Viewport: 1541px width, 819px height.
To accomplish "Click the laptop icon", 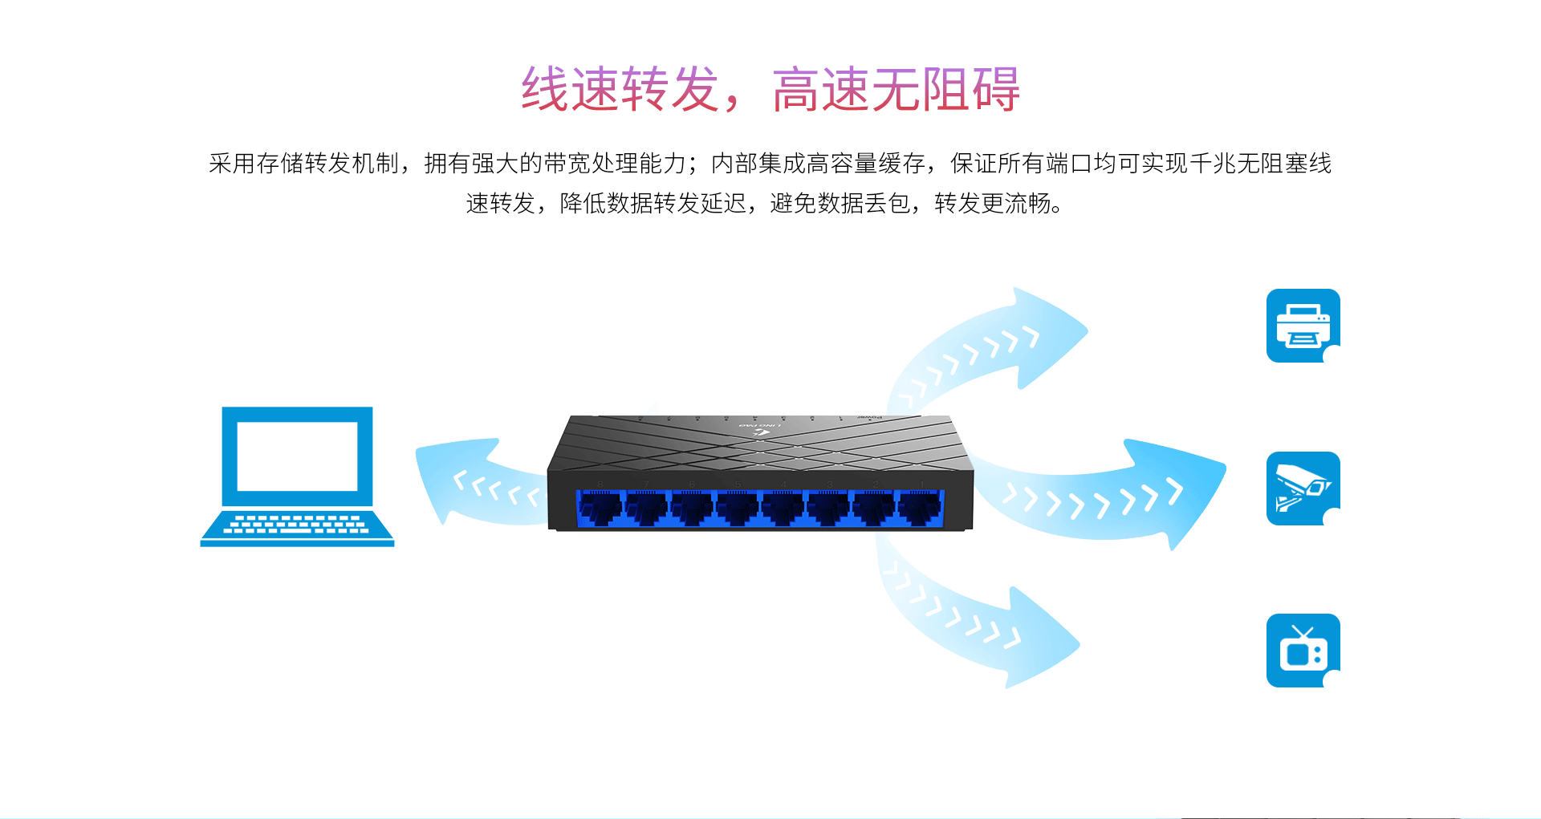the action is coord(297,476).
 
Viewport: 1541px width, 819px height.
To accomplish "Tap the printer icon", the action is coord(1303,326).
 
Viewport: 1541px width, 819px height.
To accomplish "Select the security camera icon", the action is coord(1303,489).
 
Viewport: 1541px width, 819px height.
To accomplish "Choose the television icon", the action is coord(1303,651).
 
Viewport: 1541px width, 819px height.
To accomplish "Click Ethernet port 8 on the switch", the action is coord(600,509).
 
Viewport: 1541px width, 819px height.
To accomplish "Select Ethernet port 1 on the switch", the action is coord(921,509).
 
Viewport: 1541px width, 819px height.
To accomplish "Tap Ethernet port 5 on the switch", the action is coord(738,509).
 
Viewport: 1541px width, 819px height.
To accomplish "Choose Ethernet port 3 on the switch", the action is coord(829,509).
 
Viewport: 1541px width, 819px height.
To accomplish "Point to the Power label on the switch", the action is coord(870,418).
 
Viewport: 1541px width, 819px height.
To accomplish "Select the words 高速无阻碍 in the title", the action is coord(897,88).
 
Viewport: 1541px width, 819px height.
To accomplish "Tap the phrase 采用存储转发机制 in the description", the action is coord(303,164).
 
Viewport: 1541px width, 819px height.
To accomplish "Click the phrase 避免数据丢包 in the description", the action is coord(840,204).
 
